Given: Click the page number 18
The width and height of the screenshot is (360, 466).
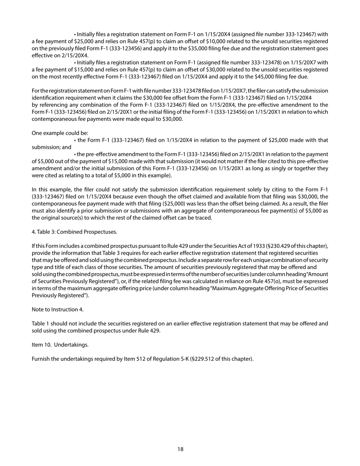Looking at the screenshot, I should point(180,449).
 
